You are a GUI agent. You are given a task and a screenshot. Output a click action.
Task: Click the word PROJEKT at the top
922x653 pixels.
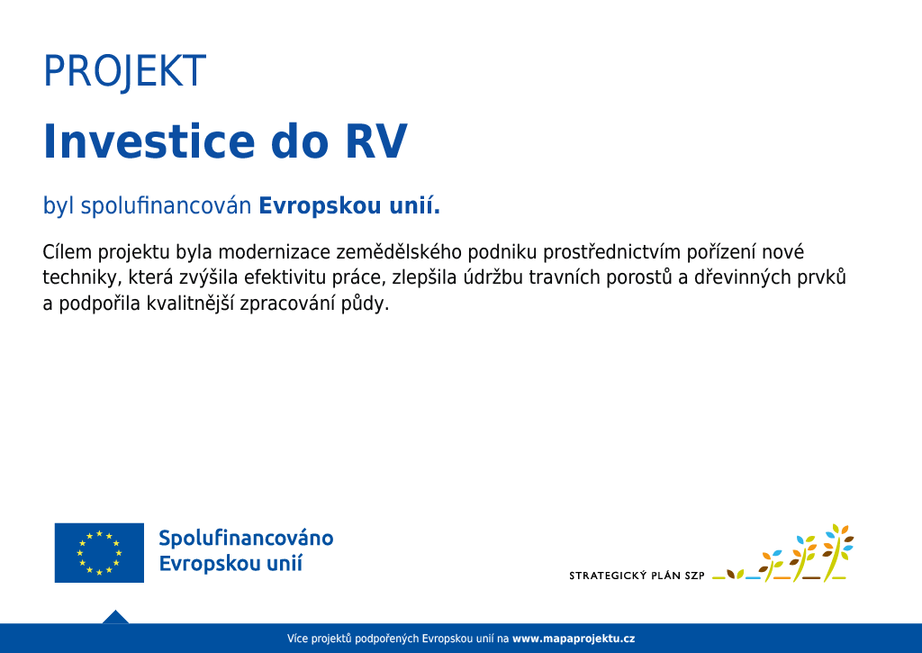coord(124,71)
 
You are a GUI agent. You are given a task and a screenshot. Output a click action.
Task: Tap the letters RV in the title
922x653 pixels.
coord(376,141)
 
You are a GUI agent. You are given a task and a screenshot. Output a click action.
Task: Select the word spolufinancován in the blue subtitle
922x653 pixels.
coord(166,206)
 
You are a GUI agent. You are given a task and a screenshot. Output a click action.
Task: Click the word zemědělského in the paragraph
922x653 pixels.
coord(399,253)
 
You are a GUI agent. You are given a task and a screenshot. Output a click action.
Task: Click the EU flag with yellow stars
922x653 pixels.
coord(99,553)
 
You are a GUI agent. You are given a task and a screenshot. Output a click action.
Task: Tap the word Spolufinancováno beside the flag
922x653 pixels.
coord(246,539)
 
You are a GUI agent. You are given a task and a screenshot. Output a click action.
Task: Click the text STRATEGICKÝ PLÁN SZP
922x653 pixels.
coord(637,576)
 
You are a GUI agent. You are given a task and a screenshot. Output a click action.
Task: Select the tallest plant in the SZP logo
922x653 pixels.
coord(837,553)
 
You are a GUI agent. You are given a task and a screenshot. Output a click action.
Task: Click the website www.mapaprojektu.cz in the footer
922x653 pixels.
coord(574,639)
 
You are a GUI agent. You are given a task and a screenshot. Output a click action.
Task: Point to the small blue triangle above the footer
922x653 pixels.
coord(115,617)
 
